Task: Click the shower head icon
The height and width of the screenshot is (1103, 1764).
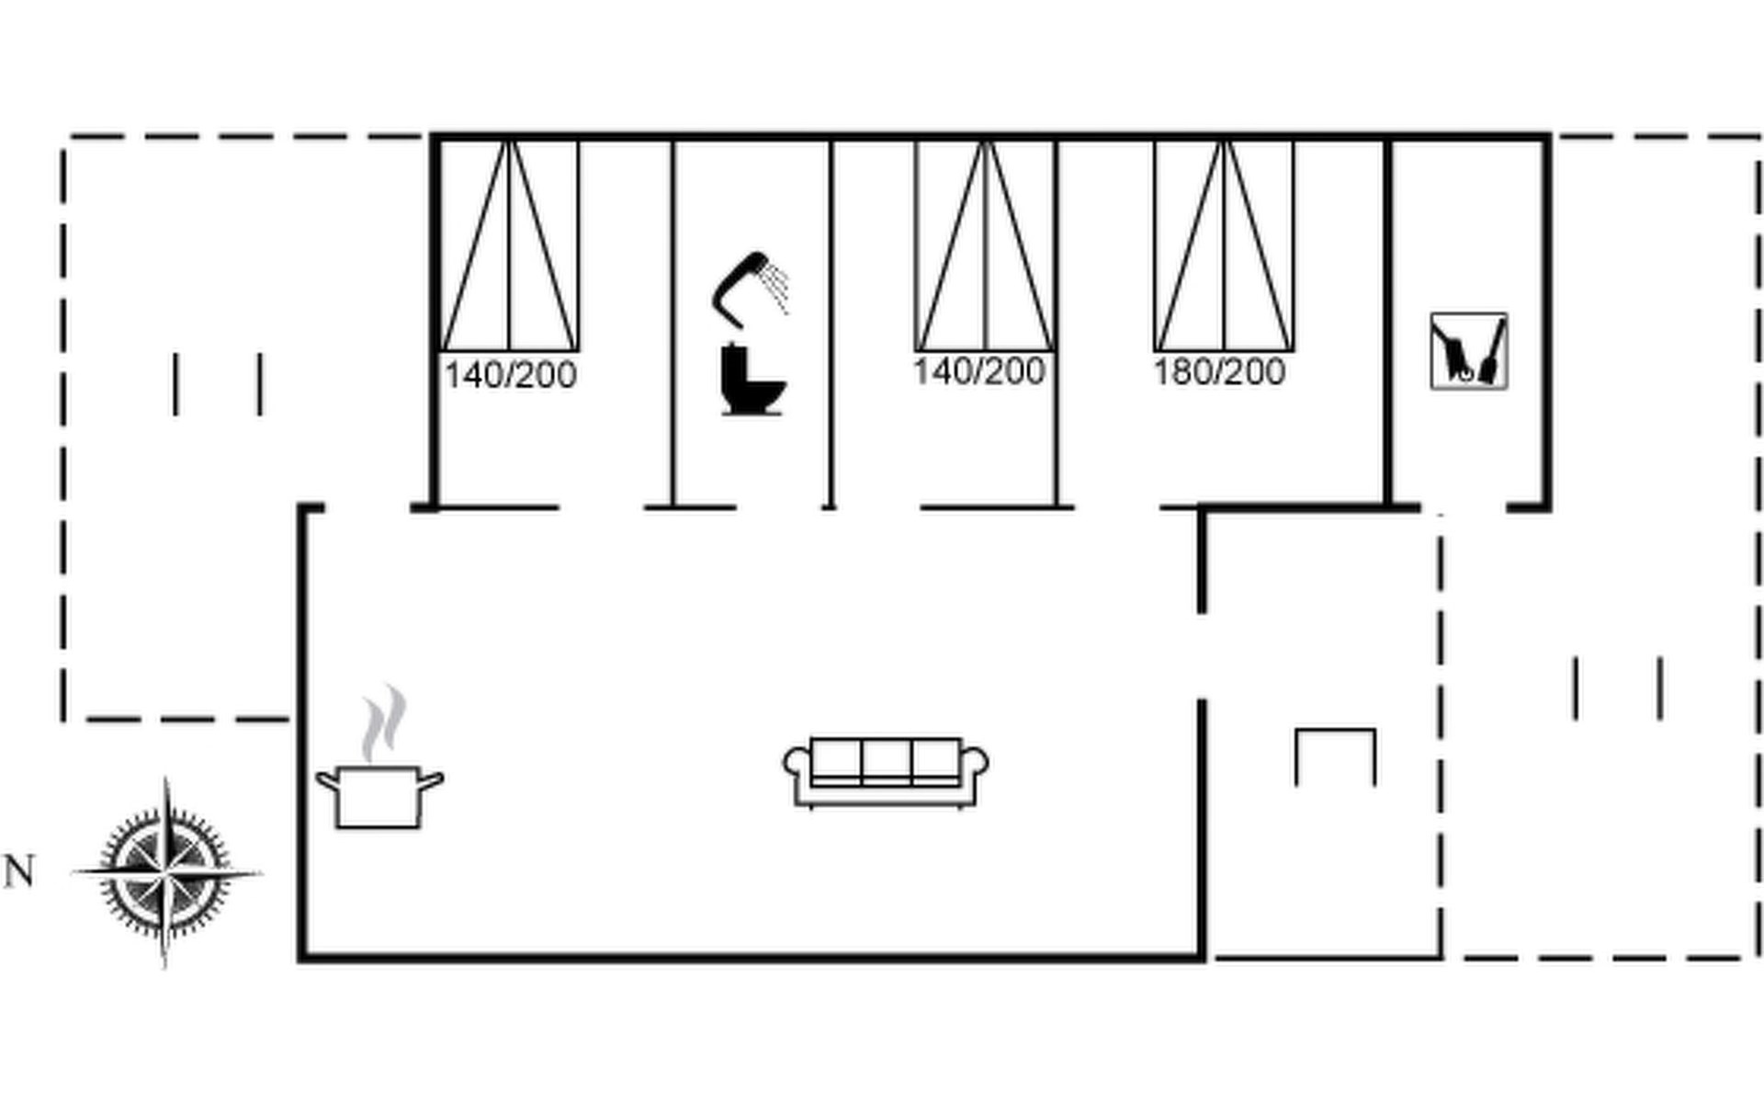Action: [x=749, y=287]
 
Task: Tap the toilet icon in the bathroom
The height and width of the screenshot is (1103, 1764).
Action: [x=751, y=379]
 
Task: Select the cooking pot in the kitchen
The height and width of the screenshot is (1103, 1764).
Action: [x=379, y=796]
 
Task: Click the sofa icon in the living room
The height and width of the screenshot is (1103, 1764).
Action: [x=886, y=772]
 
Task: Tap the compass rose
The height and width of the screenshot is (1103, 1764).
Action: [x=166, y=871]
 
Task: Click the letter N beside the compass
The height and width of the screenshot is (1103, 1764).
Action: [x=19, y=871]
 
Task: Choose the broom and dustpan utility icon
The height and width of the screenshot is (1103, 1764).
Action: [x=1468, y=351]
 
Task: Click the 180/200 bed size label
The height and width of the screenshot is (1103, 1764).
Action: [x=1219, y=372]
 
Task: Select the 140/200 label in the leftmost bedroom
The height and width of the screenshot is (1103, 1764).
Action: [x=510, y=375]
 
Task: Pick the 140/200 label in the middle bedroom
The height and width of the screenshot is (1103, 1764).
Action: [x=978, y=371]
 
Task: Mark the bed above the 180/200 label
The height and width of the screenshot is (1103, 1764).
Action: [x=1224, y=245]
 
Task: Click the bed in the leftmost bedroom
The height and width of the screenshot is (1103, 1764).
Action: [x=509, y=245]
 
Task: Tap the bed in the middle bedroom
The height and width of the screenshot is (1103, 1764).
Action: [x=984, y=245]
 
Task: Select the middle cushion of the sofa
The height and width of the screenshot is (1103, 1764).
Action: [x=886, y=761]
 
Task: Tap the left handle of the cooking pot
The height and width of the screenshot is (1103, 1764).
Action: [x=327, y=782]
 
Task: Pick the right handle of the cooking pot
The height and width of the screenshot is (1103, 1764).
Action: [x=431, y=782]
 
